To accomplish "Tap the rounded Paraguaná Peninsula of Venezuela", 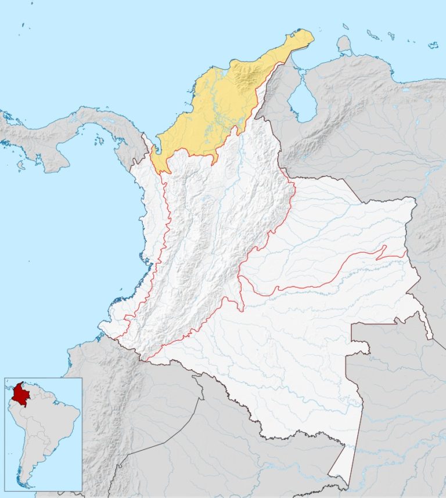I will (x=344, y=44).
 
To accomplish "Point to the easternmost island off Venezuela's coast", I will (x=433, y=44).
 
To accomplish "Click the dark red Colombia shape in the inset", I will (x=21, y=395).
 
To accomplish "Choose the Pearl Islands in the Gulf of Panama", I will (x=100, y=139).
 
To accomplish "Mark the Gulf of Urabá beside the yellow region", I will (x=152, y=148).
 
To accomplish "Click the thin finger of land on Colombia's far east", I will (x=428, y=329).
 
